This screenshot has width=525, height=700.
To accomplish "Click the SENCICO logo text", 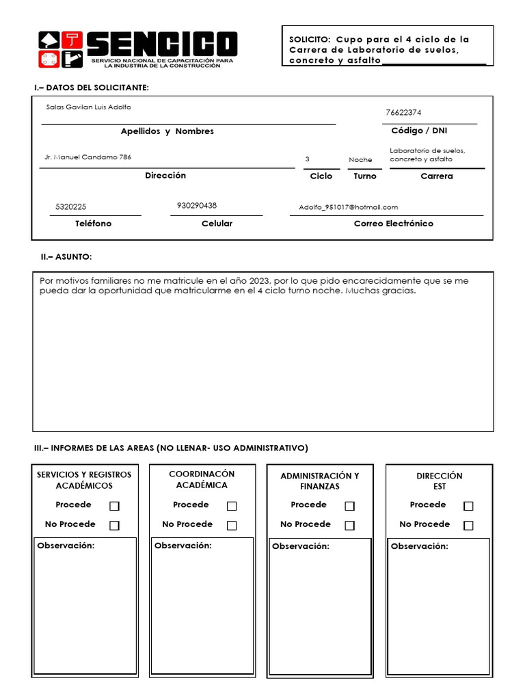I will point(162,44).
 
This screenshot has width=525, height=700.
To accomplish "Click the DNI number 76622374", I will point(408,113).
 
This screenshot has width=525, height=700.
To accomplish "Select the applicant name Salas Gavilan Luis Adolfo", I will point(88,107).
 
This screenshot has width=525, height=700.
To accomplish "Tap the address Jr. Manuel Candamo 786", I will point(88,157).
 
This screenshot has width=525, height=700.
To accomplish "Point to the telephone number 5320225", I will point(71,206).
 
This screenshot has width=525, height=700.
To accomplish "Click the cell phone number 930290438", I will point(197,205).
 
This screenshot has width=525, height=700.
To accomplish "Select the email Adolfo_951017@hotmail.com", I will point(348,207).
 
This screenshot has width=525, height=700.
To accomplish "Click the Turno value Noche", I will point(360,160).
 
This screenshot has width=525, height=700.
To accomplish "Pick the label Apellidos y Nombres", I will point(167,131).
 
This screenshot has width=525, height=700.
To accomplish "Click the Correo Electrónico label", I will point(393,224).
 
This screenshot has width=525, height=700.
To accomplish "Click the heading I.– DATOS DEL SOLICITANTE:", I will point(92,88).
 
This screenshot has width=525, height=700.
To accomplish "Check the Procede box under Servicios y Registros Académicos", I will point(114,506).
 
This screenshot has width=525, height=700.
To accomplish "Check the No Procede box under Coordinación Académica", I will point(232,525).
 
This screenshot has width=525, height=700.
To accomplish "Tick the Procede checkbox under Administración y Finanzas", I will point(349,506).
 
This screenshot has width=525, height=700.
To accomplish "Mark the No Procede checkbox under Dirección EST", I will point(468,525).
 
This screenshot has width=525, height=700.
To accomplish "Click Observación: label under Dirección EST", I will point(420,546).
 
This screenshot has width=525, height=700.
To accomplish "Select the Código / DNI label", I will point(419,131).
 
